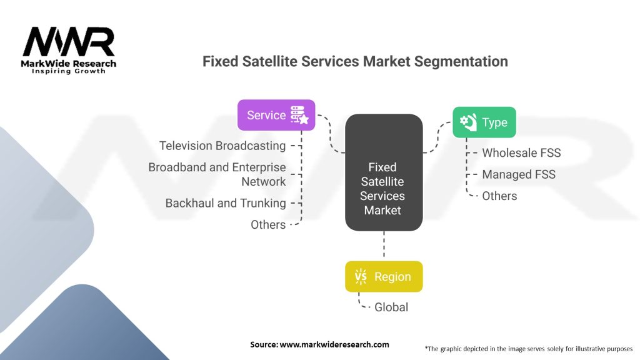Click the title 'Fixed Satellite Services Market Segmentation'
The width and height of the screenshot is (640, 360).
point(355,61)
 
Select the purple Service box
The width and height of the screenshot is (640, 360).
point(276,115)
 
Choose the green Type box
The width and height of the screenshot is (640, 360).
point(484,122)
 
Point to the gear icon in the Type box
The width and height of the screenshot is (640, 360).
point(468,122)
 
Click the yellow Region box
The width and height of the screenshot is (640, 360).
point(384,277)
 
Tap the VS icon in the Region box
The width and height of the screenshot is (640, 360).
point(361,277)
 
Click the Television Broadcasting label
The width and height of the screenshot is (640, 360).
point(222,146)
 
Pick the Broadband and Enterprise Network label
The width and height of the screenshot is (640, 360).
point(217,174)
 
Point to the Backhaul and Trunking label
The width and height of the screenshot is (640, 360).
point(226,203)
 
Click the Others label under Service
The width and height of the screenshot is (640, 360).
point(268,224)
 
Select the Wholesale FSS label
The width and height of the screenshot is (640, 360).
point(521,152)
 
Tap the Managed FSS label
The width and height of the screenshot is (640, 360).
point(518,174)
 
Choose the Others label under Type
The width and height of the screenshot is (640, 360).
point(499,196)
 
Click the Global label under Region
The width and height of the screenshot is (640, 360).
point(391,307)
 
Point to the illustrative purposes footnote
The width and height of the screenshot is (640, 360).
point(529,348)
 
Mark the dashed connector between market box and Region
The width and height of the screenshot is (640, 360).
point(384,245)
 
